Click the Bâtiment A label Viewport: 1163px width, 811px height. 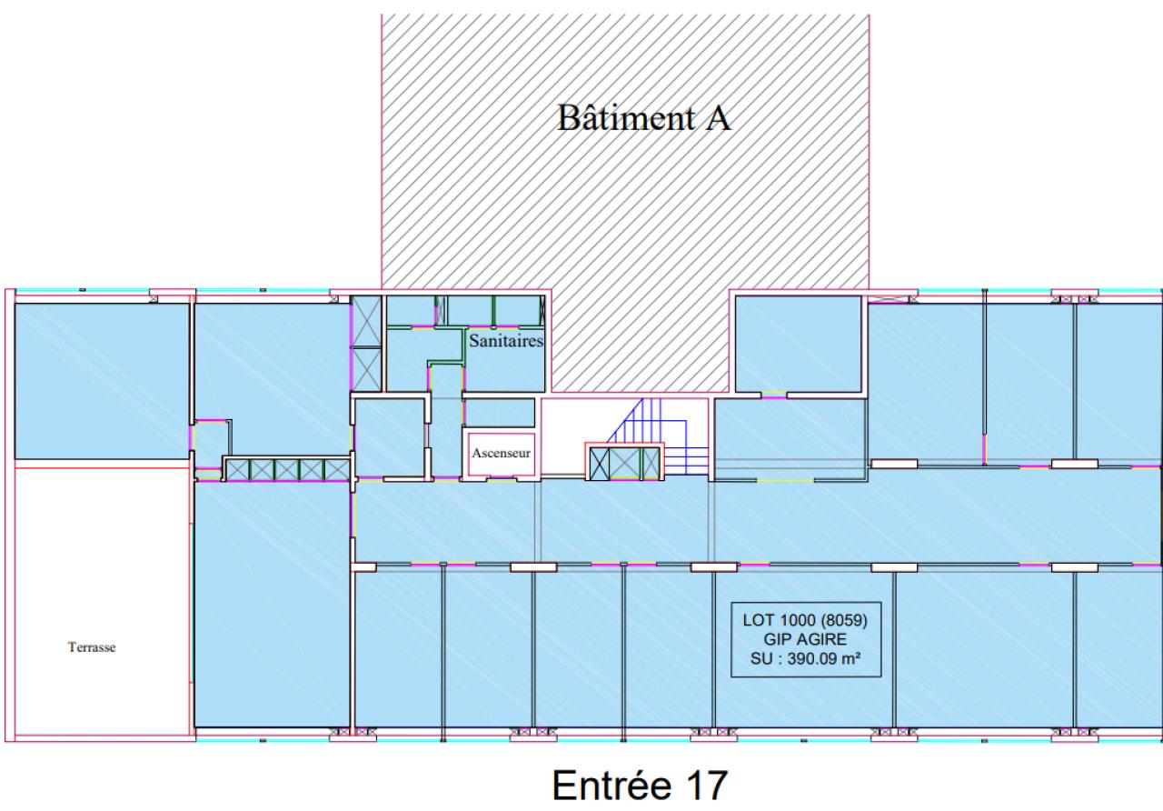click(x=644, y=118)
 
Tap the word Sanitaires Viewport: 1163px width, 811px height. click(x=506, y=342)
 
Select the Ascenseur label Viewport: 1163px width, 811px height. click(x=501, y=449)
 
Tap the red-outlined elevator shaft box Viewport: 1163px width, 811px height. click(x=502, y=451)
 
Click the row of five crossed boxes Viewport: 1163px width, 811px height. click(x=286, y=469)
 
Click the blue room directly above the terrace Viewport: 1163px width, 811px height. click(x=101, y=380)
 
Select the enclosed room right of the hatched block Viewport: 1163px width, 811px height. click(x=797, y=344)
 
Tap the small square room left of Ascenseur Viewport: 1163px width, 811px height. click(x=389, y=436)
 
